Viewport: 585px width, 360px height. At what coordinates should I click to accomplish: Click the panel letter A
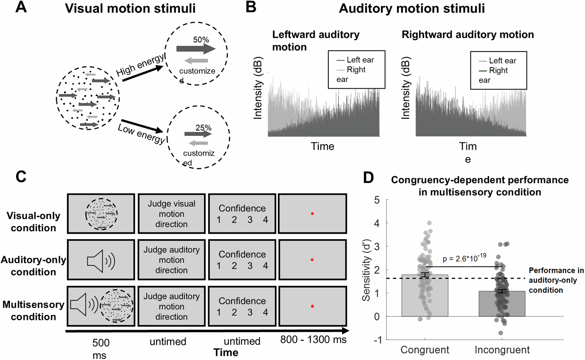(x=21, y=7)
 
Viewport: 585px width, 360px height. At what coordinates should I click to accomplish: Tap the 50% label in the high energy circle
(x=201, y=40)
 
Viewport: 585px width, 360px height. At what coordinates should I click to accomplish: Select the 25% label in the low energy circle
(x=203, y=127)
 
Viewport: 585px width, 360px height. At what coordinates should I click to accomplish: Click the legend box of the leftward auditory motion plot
(x=356, y=69)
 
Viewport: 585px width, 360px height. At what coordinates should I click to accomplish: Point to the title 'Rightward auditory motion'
(x=468, y=35)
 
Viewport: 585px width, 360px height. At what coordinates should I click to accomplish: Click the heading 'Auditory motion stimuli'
(x=412, y=8)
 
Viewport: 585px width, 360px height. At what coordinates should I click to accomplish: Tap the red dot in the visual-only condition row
(x=312, y=214)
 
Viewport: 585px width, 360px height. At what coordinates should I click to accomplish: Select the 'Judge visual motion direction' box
(x=171, y=214)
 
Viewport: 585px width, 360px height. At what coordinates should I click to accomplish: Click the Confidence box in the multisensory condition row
(x=242, y=306)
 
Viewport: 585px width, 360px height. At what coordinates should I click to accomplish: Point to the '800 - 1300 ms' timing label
(x=313, y=339)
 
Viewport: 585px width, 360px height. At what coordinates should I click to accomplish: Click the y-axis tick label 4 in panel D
(x=377, y=223)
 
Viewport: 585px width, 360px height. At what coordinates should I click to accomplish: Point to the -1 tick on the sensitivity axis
(x=377, y=340)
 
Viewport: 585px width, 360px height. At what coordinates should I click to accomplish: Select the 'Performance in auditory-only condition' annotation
(x=556, y=280)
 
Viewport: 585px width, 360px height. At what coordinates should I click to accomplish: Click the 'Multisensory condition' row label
(x=33, y=310)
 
